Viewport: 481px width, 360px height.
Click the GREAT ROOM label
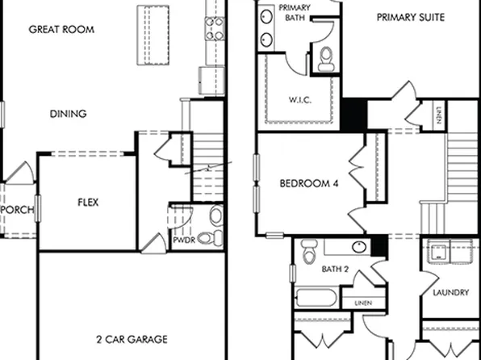61,30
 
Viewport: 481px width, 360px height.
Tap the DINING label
68,114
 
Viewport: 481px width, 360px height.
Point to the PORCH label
18,210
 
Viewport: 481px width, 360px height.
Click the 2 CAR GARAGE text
132,338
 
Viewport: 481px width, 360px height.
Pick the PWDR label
182,239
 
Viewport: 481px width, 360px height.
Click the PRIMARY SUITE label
410,16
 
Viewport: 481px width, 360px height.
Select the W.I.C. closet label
299,100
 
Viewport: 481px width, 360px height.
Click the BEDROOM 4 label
309,184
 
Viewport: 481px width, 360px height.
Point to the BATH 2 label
335,269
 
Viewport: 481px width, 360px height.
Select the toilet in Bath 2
308,254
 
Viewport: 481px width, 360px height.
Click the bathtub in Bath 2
314,296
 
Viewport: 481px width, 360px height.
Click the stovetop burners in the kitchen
214,29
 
